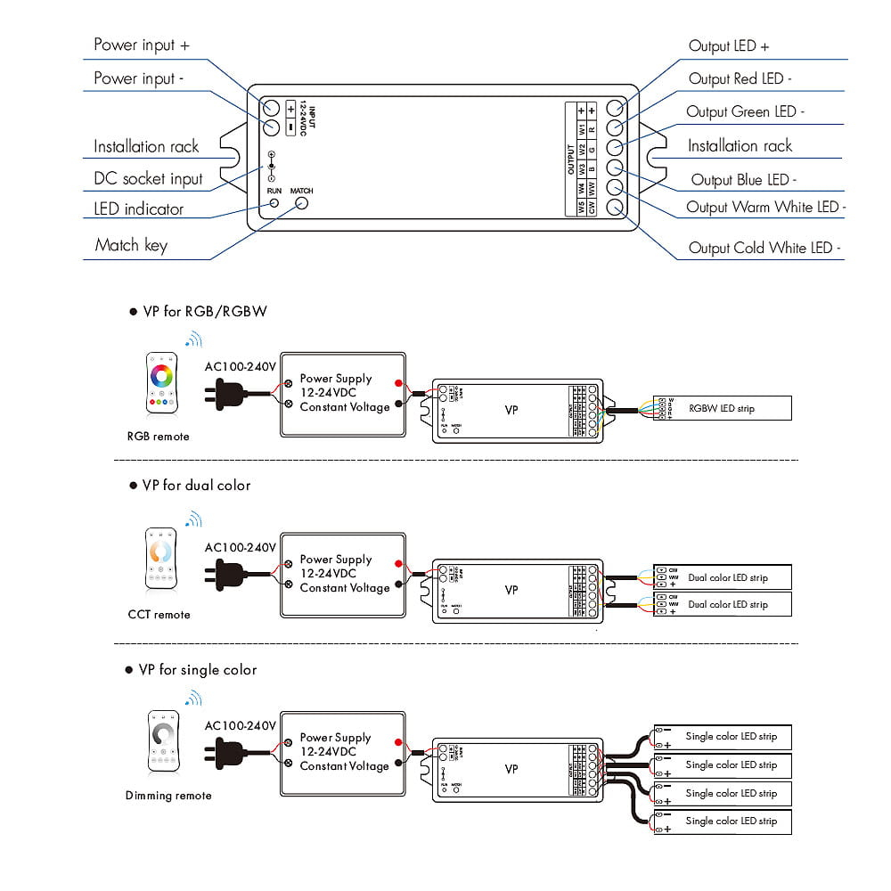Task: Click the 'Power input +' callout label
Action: tap(141, 45)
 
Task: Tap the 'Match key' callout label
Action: tap(131, 245)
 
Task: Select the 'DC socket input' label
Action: tap(148, 179)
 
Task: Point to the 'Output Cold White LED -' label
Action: tap(764, 249)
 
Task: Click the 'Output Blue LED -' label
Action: tap(743, 180)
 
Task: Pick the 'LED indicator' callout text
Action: tap(138, 209)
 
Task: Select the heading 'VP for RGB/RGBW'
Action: tap(204, 312)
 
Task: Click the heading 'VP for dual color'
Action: tap(196, 486)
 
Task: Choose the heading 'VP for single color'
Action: tap(198, 670)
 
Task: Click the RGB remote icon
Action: tap(161, 385)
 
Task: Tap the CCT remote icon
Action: tap(160, 560)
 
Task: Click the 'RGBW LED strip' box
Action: tap(723, 408)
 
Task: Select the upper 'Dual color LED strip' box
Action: tap(723, 577)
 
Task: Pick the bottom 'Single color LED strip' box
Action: tap(723, 822)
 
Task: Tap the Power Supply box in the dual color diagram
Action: tap(344, 575)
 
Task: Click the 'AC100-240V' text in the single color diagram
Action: tap(240, 726)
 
